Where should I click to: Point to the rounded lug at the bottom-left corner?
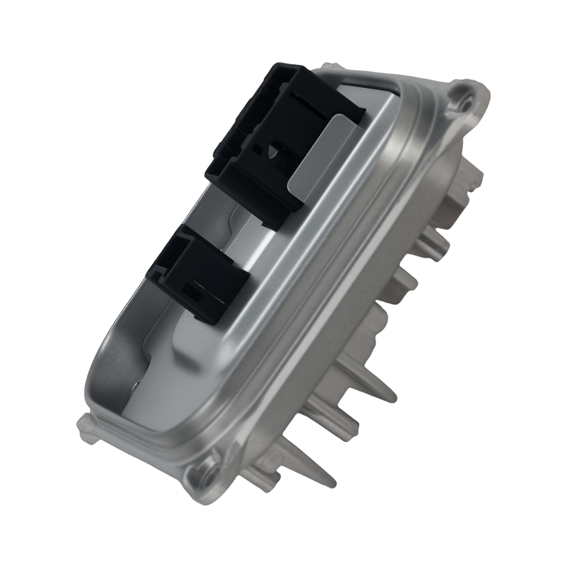tap(86, 425)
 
